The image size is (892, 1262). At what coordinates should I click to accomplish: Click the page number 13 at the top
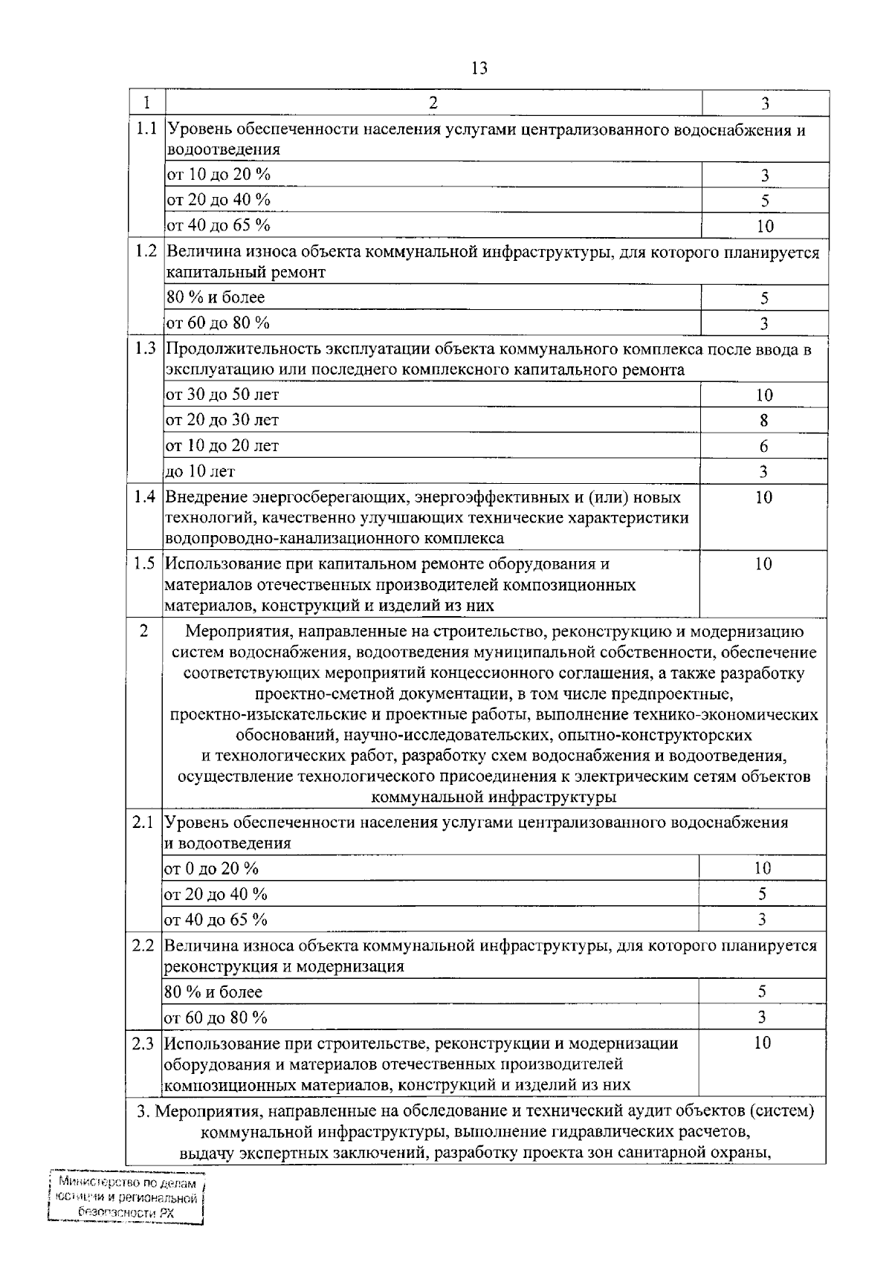click(x=479, y=68)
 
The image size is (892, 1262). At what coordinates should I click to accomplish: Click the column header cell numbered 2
click(x=433, y=103)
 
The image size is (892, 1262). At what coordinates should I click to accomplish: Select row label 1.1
click(x=146, y=128)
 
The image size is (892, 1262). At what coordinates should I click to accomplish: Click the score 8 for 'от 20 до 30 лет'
click(x=763, y=421)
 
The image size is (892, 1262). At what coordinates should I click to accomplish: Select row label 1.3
click(x=145, y=348)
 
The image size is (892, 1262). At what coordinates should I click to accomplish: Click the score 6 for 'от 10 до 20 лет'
click(x=763, y=446)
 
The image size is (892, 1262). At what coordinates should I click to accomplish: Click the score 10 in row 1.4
click(x=763, y=498)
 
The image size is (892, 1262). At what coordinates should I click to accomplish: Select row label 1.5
click(x=144, y=563)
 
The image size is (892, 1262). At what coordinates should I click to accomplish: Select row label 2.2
click(x=143, y=946)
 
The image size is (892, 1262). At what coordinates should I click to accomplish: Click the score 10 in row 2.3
click(x=762, y=1043)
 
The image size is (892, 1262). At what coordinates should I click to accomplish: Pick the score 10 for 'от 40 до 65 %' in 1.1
click(x=764, y=226)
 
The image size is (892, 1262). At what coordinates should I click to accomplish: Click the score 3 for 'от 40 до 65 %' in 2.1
click(x=762, y=919)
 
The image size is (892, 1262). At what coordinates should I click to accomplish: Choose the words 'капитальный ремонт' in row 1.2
click(x=245, y=272)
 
